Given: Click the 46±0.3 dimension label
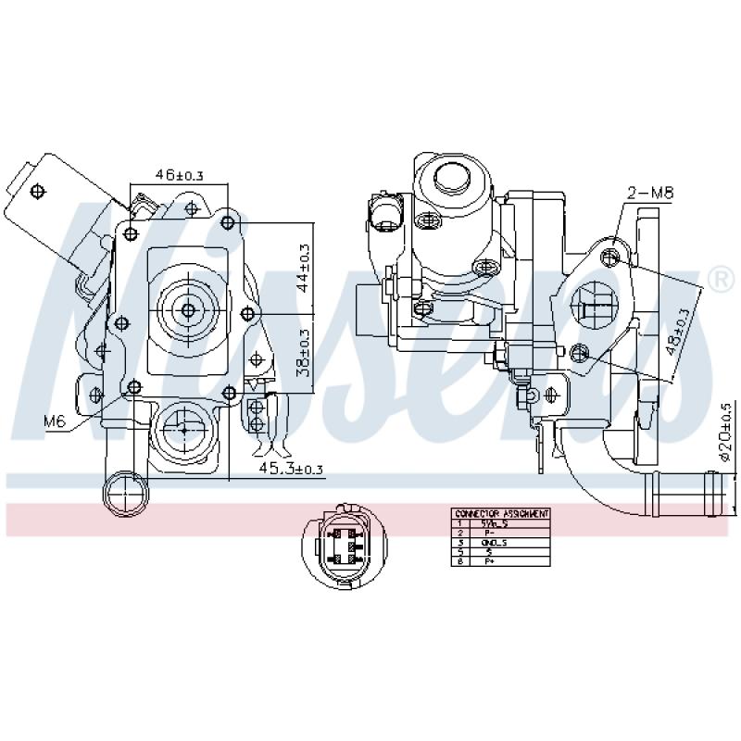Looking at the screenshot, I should [x=179, y=174].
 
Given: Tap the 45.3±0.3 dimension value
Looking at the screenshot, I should [x=290, y=469].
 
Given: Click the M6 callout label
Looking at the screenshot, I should [x=55, y=421].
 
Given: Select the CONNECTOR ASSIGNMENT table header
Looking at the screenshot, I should [x=501, y=513].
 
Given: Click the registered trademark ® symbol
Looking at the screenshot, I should [x=718, y=278].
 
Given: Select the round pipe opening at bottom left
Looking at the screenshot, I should [x=124, y=493].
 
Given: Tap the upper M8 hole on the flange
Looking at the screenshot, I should [x=609, y=255].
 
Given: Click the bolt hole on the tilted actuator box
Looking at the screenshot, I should [x=38, y=192].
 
